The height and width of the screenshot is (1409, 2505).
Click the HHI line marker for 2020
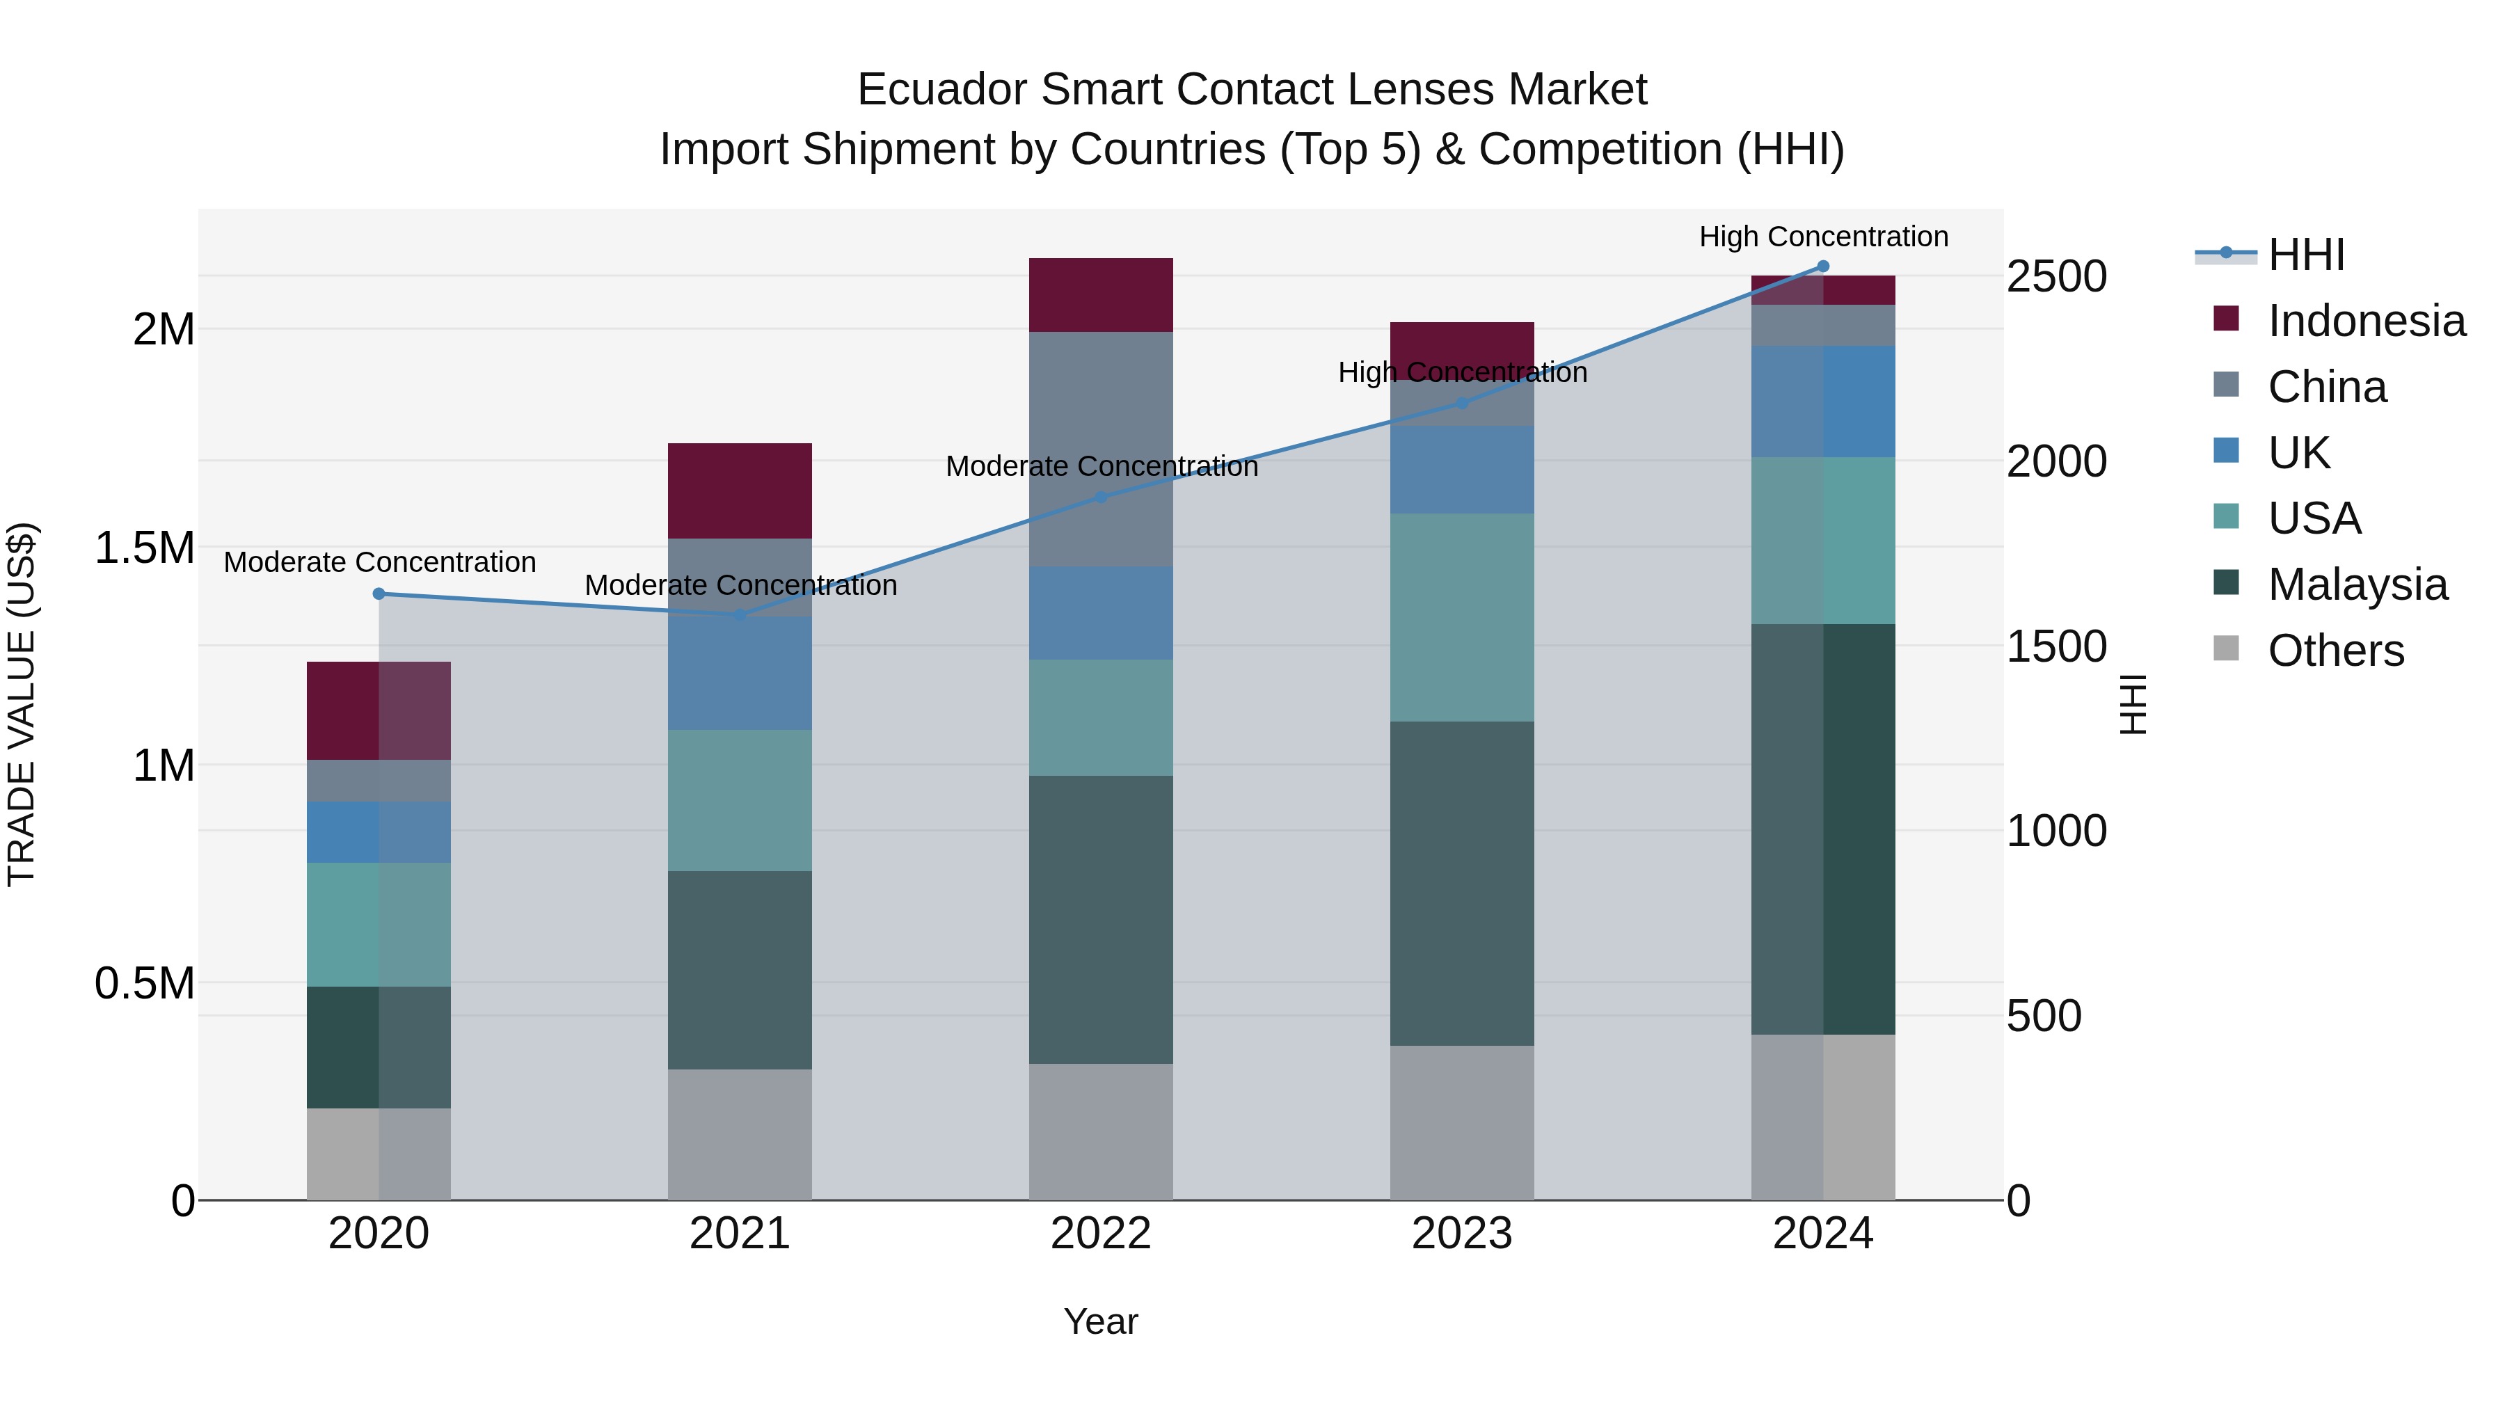point(379,594)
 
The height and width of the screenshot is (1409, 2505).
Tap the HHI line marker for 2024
point(1823,266)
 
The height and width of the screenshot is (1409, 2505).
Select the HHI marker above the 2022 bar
point(1101,497)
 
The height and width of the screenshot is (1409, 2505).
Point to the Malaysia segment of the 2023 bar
point(1461,883)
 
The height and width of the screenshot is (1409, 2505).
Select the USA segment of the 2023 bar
point(1461,616)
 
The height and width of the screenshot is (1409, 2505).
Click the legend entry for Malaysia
point(2357,584)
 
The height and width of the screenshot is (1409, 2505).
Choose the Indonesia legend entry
point(2366,321)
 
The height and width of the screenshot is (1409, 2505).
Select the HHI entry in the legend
point(2306,255)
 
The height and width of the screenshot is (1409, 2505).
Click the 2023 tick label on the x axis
point(1461,1234)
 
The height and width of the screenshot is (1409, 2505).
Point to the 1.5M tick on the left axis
point(144,548)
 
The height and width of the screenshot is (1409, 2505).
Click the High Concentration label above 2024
point(1823,237)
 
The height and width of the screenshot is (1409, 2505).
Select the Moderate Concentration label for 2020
point(379,562)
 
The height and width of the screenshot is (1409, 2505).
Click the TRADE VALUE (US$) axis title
point(22,704)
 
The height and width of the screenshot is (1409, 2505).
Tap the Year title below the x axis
point(1101,1321)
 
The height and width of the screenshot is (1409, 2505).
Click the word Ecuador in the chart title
point(940,90)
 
